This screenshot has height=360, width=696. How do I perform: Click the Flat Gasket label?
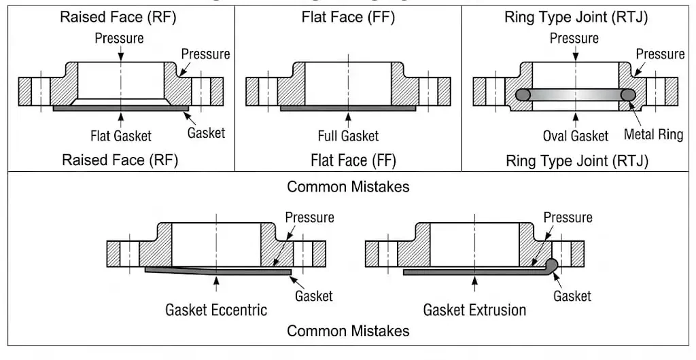click(x=121, y=136)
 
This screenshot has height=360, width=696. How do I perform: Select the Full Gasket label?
click(x=348, y=136)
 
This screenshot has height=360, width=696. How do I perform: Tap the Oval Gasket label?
click(x=575, y=136)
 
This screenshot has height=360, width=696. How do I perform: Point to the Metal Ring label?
click(x=653, y=134)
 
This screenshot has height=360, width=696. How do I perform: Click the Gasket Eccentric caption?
click(x=216, y=310)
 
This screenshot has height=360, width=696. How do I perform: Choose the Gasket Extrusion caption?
click(x=474, y=310)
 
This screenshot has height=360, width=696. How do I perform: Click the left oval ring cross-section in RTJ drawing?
click(x=523, y=95)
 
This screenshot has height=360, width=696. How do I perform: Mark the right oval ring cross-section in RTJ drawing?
click(x=627, y=95)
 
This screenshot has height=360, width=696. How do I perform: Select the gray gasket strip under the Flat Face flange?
click(x=348, y=107)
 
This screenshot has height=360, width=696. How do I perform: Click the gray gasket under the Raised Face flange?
click(x=121, y=107)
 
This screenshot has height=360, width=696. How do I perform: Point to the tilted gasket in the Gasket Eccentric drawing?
click(x=217, y=272)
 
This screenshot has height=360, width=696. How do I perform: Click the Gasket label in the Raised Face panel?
click(x=206, y=132)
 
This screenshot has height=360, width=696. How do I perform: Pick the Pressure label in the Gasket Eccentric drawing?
click(x=309, y=217)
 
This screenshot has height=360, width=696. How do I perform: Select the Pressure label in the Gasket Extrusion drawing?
click(x=568, y=217)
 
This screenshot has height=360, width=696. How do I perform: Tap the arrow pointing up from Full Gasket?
click(x=348, y=120)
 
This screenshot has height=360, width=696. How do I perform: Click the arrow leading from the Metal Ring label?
click(x=637, y=114)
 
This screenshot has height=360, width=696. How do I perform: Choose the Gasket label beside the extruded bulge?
click(x=572, y=295)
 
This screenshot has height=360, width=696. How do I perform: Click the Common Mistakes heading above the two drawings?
click(x=348, y=186)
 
